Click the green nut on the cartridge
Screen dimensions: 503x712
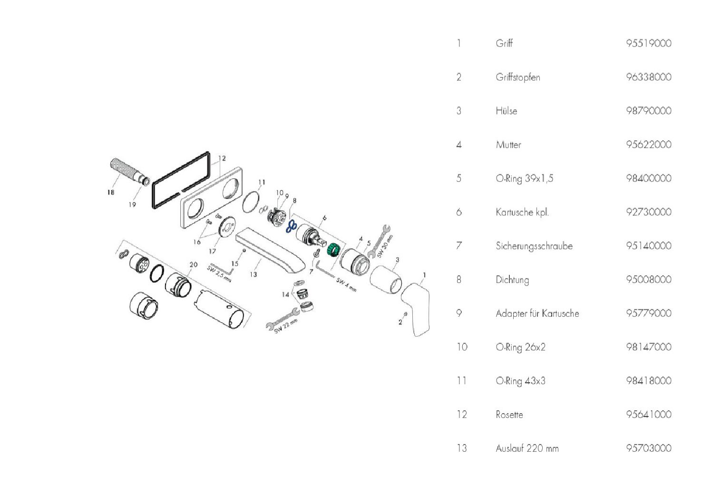tap(333, 249)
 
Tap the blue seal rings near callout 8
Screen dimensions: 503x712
tap(291, 227)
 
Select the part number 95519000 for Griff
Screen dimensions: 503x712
tap(648, 43)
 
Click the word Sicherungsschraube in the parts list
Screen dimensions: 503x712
tap(534, 246)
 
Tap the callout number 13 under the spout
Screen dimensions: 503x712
tap(253, 274)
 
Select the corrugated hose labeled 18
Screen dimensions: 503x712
tap(123, 170)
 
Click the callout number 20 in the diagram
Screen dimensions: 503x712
tap(193, 265)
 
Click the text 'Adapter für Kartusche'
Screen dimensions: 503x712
tap(537, 313)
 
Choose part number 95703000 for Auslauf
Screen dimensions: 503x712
tap(648, 448)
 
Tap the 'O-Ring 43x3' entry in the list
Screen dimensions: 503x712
tap(520, 381)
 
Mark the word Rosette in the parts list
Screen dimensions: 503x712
tap(509, 415)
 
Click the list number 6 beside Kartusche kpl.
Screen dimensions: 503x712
tap(458, 212)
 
